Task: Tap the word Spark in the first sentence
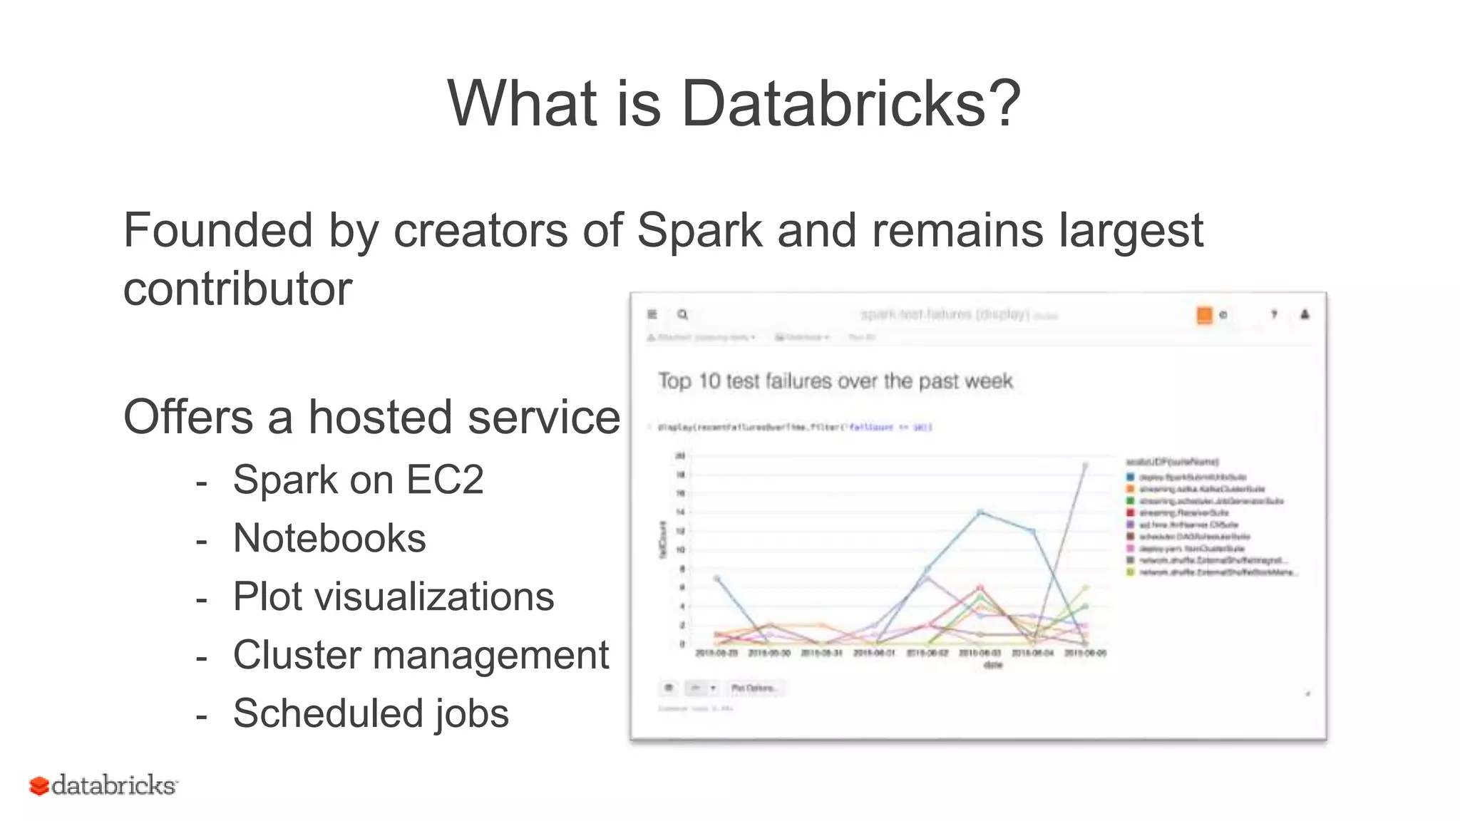click(699, 231)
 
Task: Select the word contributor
click(237, 289)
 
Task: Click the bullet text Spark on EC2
click(358, 480)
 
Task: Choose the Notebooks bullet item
click(329, 538)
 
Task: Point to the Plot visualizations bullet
click(394, 597)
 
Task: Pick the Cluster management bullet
click(421, 655)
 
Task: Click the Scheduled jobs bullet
click(371, 713)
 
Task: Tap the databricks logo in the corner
click(103, 785)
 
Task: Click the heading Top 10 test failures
click(835, 381)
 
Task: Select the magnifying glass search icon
click(682, 314)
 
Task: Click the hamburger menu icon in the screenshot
click(652, 314)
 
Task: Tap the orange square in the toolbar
click(1204, 315)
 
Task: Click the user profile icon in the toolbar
click(1305, 314)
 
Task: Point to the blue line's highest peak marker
click(980, 512)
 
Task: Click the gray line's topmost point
click(1085, 465)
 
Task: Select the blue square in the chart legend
click(1130, 477)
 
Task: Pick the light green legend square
click(1130, 572)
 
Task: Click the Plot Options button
click(755, 688)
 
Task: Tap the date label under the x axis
click(992, 665)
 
